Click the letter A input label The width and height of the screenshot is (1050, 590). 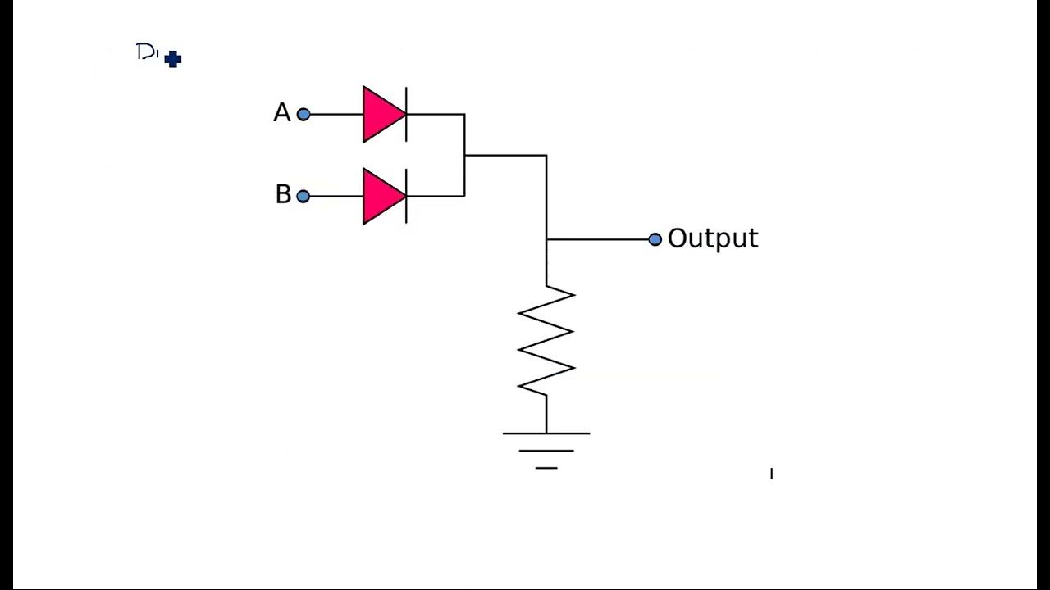(x=281, y=113)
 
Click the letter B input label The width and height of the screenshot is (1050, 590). (x=283, y=195)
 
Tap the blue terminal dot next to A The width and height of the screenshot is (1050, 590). (x=304, y=115)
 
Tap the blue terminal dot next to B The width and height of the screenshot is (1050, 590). (x=304, y=197)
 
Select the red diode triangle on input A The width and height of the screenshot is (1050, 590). (x=381, y=115)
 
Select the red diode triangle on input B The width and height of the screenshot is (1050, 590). (x=381, y=197)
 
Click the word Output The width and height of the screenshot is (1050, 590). (x=712, y=238)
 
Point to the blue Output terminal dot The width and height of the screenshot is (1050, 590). (x=655, y=239)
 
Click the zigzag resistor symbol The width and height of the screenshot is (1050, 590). (x=546, y=340)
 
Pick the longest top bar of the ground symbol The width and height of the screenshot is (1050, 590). (x=546, y=433)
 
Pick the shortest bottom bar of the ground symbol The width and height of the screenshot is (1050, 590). (x=546, y=468)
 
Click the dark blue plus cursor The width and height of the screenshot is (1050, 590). (x=172, y=59)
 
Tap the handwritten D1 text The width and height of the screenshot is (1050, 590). (x=147, y=52)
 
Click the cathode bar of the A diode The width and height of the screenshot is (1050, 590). (x=406, y=115)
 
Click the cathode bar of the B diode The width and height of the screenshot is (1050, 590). (x=406, y=197)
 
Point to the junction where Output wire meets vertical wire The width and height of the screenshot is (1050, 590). (x=546, y=239)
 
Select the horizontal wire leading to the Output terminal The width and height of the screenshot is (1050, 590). (x=599, y=239)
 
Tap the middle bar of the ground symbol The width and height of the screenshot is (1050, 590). (x=546, y=451)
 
